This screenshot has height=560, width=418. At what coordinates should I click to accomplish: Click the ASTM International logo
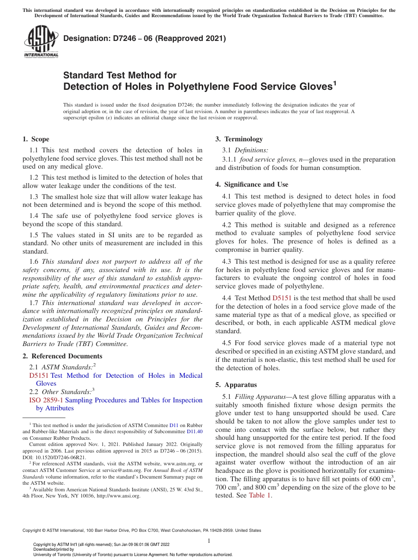pos(40,41)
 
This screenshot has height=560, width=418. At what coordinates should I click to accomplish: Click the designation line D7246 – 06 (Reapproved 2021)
pos(144,38)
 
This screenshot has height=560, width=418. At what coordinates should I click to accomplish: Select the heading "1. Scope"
pos(36,139)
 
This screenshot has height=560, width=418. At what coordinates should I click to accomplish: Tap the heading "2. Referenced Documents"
pos(62,356)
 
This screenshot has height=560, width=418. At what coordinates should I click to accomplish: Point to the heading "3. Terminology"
pos(239,139)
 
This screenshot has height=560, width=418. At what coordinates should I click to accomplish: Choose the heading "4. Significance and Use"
pos(252,184)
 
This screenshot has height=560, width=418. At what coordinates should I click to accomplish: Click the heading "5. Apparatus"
pos(236,384)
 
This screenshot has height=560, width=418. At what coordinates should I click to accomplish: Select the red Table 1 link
pos(260,495)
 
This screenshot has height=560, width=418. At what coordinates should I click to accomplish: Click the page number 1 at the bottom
pos(209,541)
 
